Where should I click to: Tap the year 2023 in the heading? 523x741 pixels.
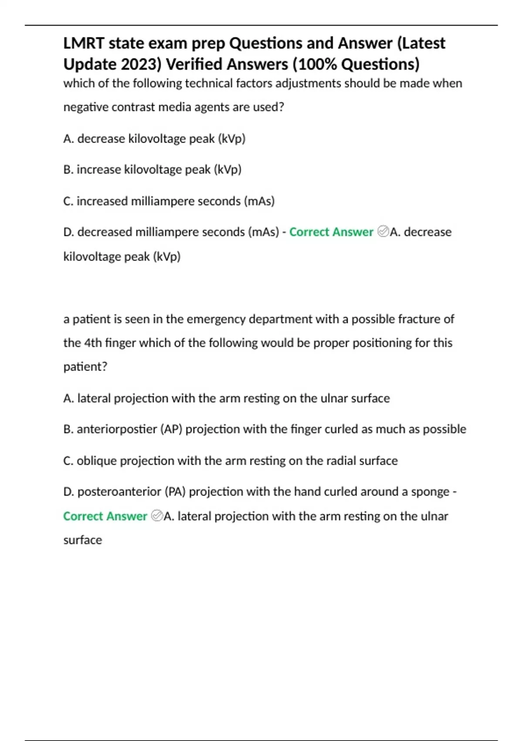pos(141,65)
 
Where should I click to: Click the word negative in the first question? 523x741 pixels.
pos(85,107)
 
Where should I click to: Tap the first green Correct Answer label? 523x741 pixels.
pos(331,232)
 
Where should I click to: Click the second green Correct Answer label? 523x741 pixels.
pos(105,516)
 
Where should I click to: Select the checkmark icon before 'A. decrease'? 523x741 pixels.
pos(383,231)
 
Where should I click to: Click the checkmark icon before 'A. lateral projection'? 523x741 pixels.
pos(156,516)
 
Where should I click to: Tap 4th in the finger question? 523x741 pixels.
pos(93,343)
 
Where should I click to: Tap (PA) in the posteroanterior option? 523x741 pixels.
pos(175,492)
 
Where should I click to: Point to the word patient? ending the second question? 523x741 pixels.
pos(85,367)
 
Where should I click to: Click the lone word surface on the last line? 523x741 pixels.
pos(82,540)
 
